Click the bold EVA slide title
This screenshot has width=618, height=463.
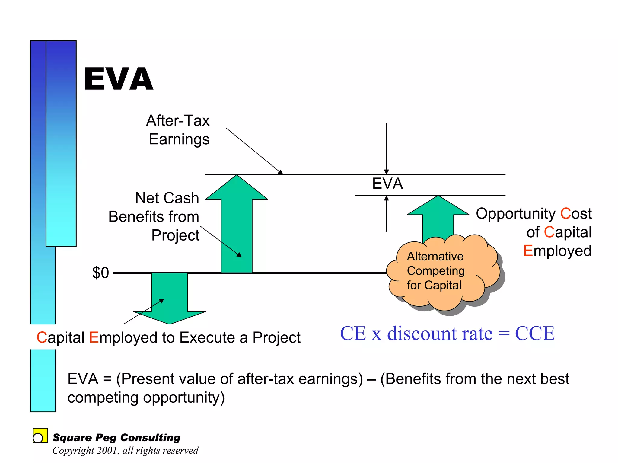tap(119, 79)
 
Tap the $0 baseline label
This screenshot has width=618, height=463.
tap(100, 273)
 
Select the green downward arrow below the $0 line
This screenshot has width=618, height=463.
tap(169, 296)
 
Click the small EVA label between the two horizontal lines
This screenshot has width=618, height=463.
tap(387, 184)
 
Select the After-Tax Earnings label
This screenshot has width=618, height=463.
tap(178, 130)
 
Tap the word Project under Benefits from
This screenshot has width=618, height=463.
tap(175, 235)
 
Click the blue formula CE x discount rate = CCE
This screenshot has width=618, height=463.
tap(447, 334)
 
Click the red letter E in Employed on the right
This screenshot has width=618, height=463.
tap(528, 251)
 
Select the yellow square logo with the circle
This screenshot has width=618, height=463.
tap(40, 436)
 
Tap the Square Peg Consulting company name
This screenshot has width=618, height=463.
tap(116, 437)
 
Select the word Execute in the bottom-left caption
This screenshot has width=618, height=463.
tap(207, 337)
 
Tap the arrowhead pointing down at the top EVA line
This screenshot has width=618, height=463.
tap(386, 172)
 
